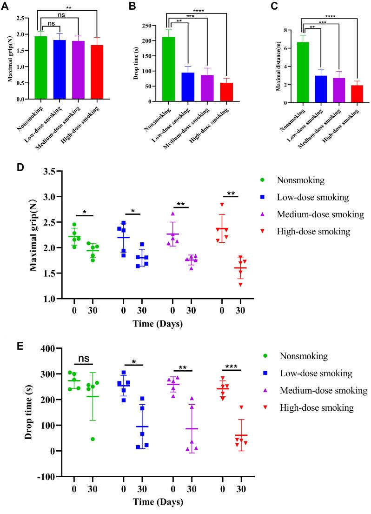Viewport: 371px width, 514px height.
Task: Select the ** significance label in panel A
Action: (69, 8)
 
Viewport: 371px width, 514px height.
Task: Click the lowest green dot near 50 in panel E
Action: (93, 439)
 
